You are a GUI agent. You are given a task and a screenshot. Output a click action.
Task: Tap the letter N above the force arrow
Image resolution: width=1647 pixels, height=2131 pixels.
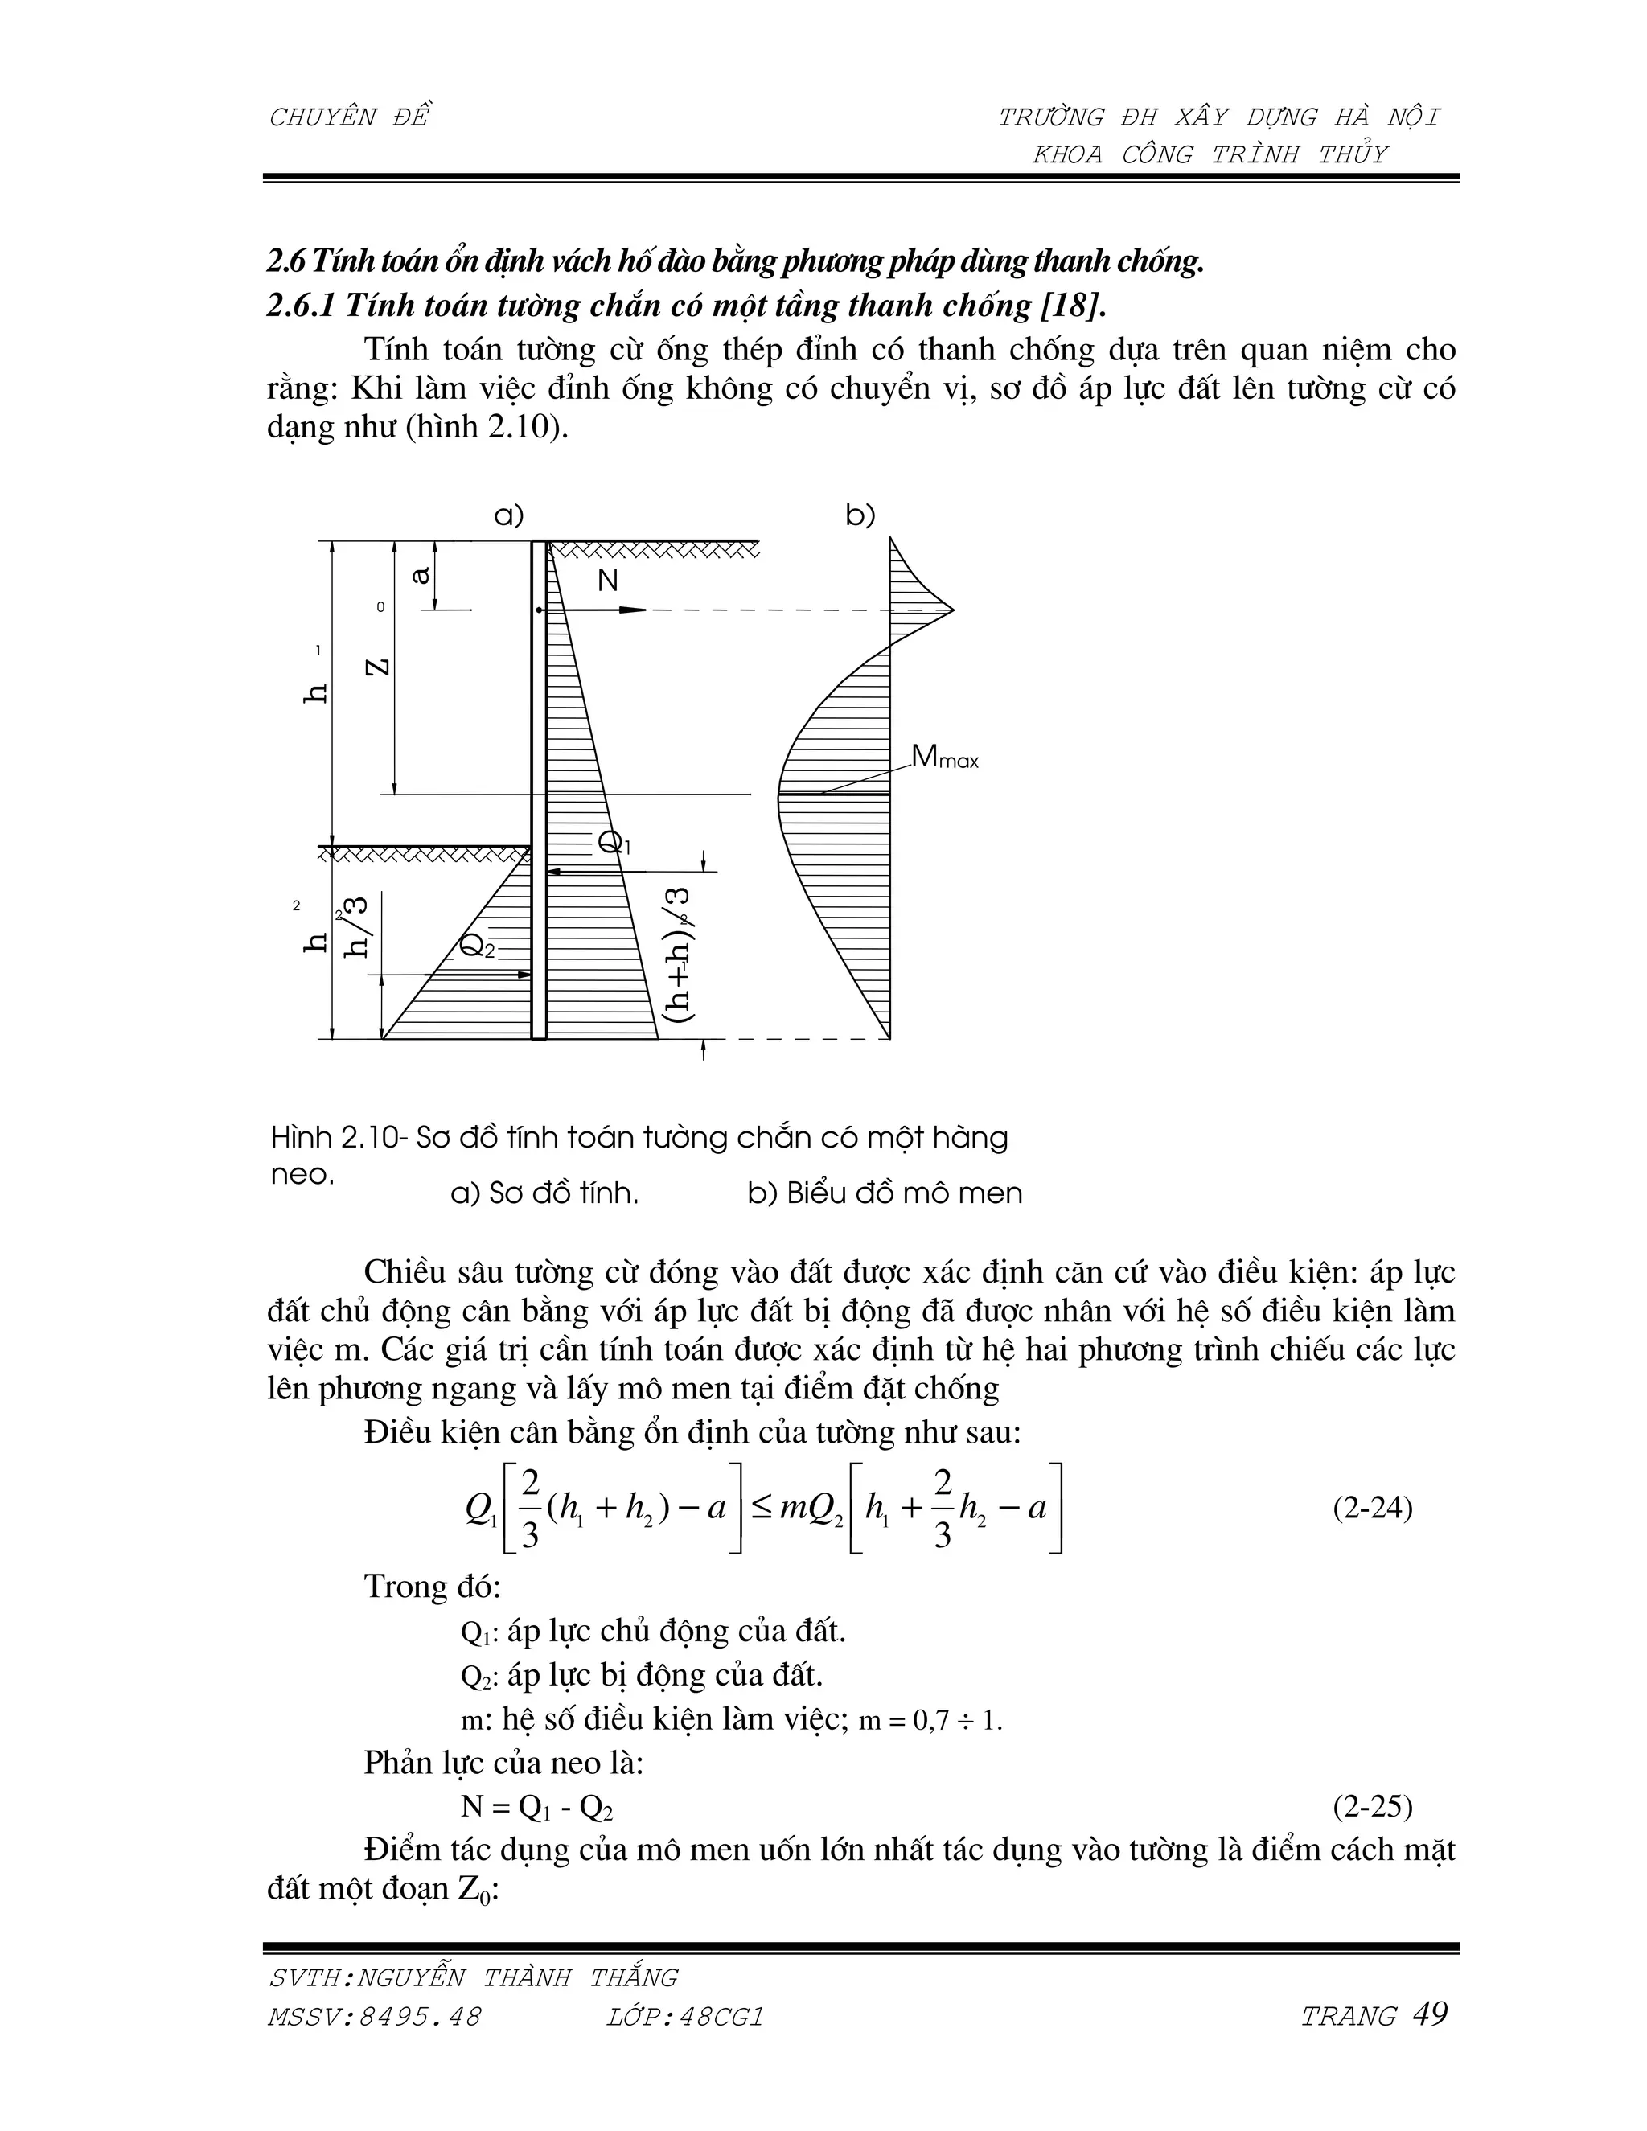[607, 581]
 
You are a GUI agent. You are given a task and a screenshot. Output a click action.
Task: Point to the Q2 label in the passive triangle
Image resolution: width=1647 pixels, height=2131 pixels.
[476, 945]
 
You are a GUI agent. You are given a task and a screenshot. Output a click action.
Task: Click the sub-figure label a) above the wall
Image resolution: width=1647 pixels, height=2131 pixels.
[508, 515]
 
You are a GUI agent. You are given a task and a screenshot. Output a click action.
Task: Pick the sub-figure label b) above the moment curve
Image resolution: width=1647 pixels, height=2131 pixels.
[860, 515]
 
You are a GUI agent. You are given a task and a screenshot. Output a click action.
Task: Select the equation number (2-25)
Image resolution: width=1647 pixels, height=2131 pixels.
[1372, 1806]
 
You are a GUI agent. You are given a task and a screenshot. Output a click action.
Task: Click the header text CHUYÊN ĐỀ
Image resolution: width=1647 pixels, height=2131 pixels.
[348, 118]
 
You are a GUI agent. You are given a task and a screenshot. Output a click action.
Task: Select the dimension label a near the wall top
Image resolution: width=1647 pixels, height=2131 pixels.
[421, 576]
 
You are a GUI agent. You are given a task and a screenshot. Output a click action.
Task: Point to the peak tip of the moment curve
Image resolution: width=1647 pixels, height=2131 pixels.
[951, 611]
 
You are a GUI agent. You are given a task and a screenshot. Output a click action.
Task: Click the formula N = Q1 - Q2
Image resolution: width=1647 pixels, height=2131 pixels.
[536, 1807]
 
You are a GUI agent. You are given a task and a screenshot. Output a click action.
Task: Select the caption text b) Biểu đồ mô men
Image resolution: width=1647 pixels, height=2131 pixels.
[884, 1193]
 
